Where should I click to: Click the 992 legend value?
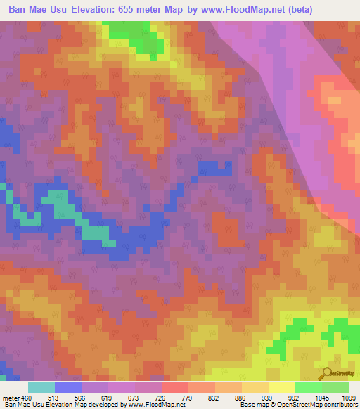point(295,397)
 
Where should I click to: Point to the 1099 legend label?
point(347,397)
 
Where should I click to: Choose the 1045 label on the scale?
point(321,397)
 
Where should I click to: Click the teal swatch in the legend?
point(41,387)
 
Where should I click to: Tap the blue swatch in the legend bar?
point(68,387)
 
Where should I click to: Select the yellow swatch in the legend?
point(281,387)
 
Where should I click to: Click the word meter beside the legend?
point(12,397)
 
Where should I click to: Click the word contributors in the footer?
point(339,405)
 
